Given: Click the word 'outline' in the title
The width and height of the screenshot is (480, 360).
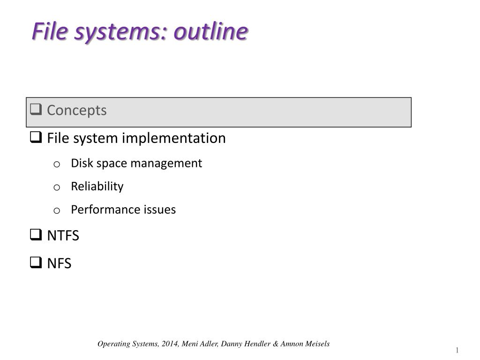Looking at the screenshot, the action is (x=210, y=31).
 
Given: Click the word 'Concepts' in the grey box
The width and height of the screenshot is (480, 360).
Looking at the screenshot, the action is (x=77, y=111).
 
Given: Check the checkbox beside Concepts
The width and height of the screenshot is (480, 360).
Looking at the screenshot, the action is (x=36, y=109).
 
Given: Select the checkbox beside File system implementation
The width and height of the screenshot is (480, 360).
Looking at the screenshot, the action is (x=36, y=137).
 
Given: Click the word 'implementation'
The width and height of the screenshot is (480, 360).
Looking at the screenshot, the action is (x=174, y=138).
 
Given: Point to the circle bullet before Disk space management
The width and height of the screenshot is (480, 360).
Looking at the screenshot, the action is (x=57, y=165).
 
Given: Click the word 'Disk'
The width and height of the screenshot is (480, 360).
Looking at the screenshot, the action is (x=82, y=163).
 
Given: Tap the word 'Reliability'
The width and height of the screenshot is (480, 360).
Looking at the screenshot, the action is (x=97, y=187).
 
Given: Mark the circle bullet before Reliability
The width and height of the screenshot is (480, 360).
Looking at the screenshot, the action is (x=57, y=187).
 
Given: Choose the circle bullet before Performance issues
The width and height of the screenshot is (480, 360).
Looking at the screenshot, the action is (x=57, y=210).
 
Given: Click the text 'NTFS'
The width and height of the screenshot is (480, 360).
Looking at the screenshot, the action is (x=63, y=236).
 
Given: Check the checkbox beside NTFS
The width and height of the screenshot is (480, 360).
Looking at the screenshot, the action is (x=36, y=235).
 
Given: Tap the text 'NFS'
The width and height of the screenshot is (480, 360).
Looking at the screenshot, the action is (x=60, y=263).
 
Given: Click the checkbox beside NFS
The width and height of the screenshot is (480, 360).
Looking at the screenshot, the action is (x=36, y=262).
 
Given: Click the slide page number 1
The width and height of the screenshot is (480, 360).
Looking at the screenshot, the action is (x=457, y=350).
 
